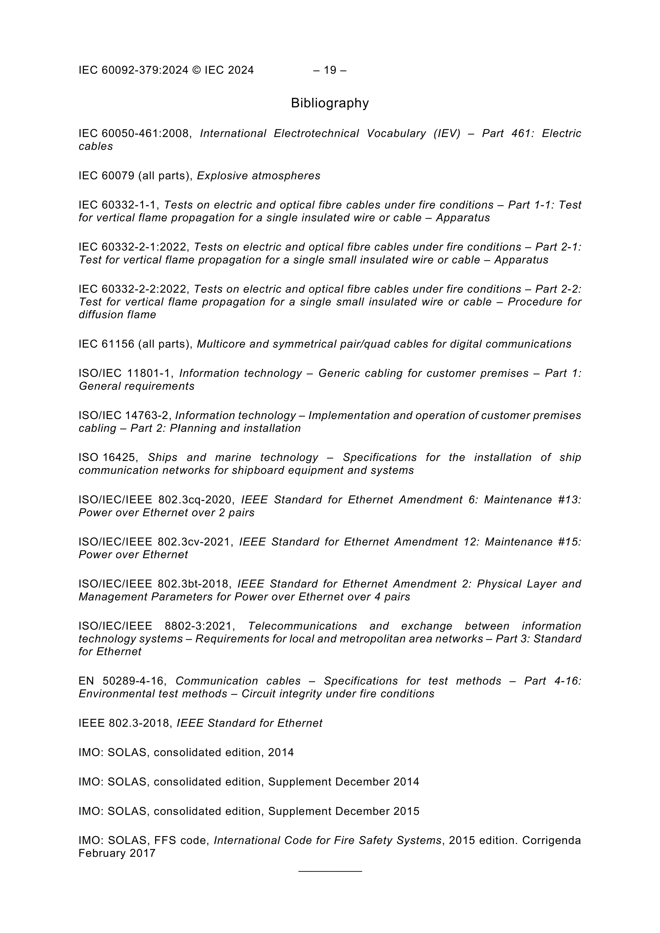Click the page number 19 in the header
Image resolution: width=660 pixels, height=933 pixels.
[330, 70]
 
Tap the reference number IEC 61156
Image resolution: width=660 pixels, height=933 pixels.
[107, 344]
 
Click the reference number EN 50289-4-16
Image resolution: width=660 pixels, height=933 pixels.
[122, 681]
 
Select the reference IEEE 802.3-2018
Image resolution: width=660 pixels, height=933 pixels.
[126, 723]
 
